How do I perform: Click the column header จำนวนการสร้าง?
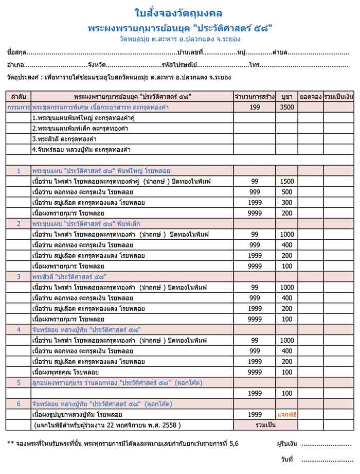255,96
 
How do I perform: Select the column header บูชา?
286,96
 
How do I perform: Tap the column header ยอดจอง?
311,96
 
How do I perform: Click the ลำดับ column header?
19,96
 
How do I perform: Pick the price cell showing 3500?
286,107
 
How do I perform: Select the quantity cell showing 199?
255,107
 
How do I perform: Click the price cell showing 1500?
286,182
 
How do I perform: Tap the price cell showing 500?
286,192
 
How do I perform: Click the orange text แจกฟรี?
286,414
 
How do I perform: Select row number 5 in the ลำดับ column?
19,382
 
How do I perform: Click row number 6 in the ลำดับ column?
19,403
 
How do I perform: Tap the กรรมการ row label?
19,107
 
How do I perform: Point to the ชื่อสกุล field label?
16,52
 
